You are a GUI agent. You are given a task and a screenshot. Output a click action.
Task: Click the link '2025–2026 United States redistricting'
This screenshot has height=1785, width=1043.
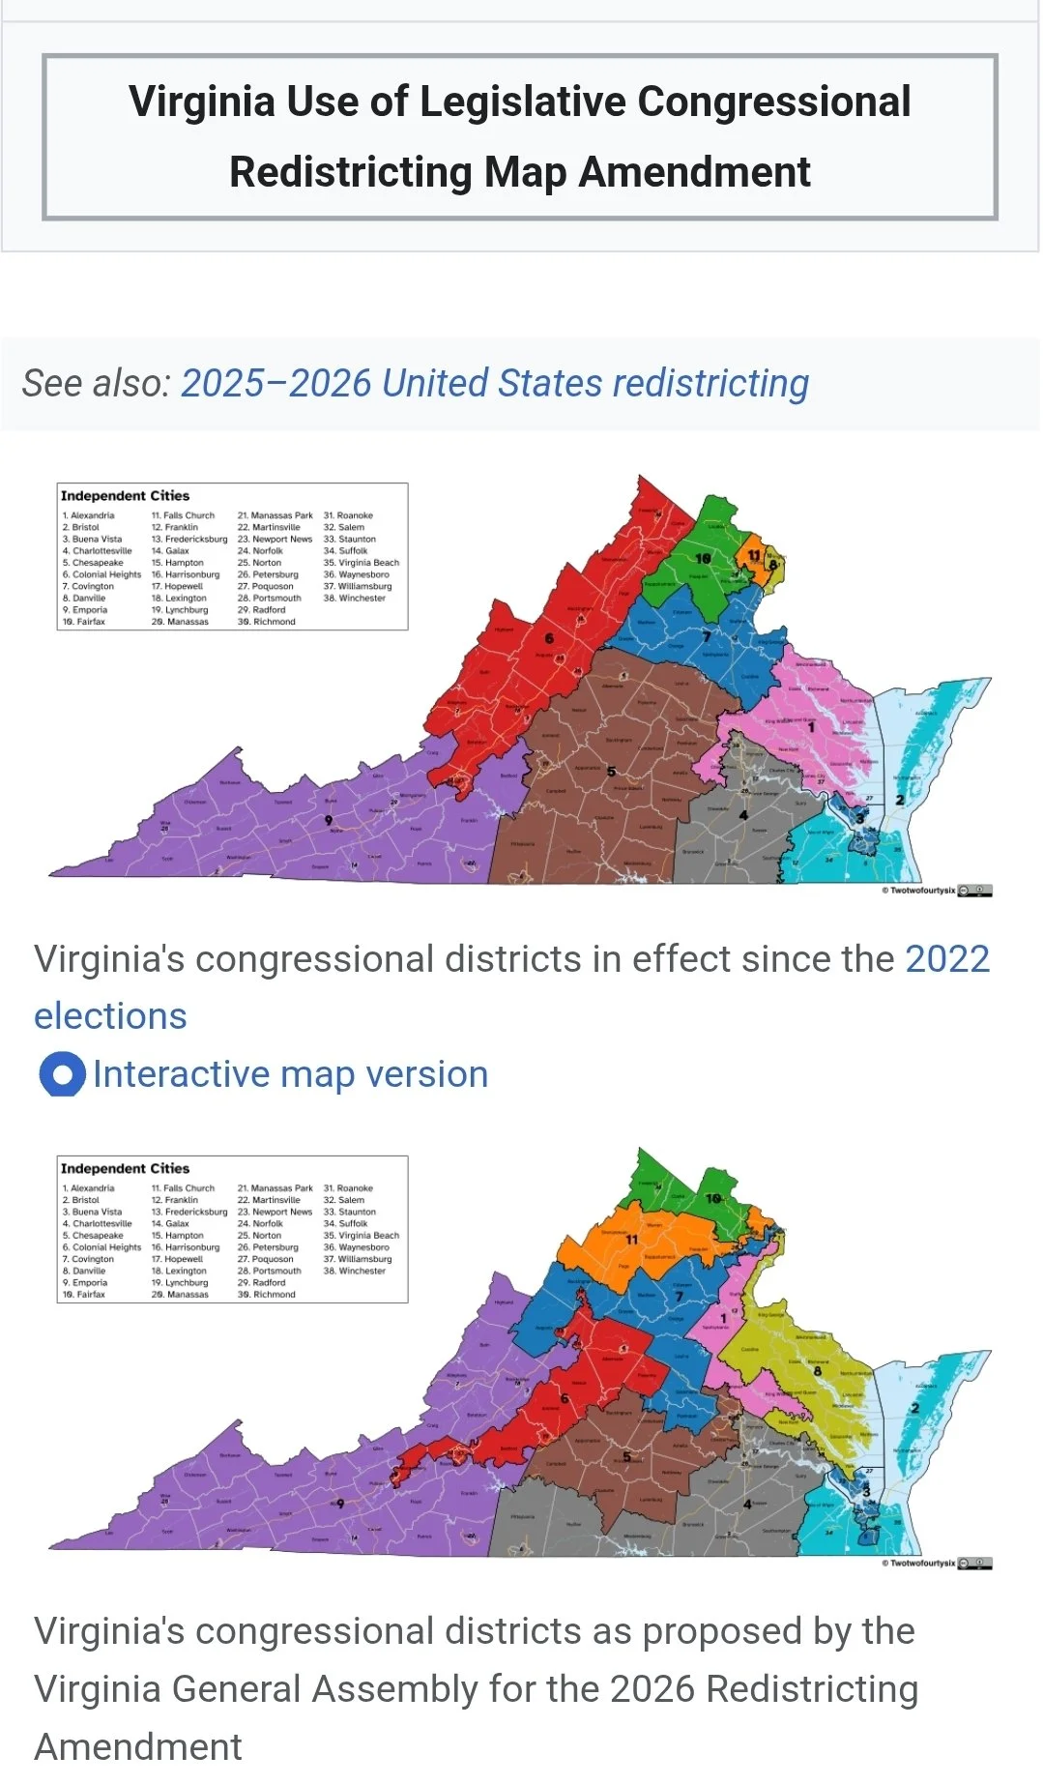(x=494, y=384)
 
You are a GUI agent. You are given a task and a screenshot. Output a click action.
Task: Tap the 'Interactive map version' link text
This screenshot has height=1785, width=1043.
(x=290, y=1074)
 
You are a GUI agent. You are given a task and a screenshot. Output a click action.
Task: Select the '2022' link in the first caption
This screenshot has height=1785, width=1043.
(x=946, y=959)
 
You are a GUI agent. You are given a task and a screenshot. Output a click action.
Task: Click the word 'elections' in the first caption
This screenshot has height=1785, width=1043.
(x=110, y=1016)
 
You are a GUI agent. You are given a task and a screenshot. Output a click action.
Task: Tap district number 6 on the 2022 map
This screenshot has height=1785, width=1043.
(x=549, y=638)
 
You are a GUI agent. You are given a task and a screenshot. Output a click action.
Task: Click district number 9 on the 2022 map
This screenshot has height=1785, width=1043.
(x=329, y=820)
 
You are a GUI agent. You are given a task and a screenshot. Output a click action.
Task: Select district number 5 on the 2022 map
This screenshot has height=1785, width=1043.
(x=611, y=772)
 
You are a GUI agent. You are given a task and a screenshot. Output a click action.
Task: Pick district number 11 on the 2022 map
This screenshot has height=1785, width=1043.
(x=753, y=556)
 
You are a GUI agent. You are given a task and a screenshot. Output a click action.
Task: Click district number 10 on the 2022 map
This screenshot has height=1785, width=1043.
(x=703, y=559)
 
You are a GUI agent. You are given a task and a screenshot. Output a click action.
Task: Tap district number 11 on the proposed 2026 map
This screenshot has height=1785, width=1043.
(x=632, y=1239)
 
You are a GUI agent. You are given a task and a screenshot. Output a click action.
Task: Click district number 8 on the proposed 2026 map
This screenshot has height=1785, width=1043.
(x=818, y=1371)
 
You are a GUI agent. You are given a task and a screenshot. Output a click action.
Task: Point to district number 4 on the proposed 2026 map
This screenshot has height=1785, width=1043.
(x=747, y=1504)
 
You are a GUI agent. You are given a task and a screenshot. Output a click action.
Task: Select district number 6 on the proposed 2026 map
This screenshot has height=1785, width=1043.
(x=565, y=1398)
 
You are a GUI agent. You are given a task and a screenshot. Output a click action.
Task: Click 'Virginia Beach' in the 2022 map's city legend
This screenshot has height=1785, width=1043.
(x=368, y=563)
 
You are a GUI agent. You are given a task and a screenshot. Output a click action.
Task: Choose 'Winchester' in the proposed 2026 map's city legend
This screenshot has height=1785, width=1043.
(x=362, y=1271)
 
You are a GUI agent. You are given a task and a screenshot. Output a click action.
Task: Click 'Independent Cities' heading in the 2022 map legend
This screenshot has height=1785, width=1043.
(x=125, y=496)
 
